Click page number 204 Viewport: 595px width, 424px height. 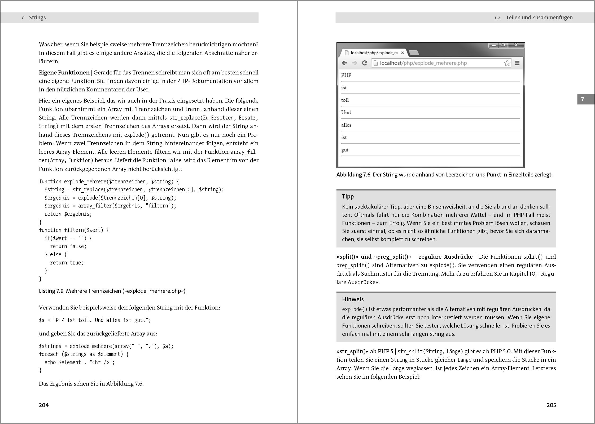click(44, 405)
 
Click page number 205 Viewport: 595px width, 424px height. click(551, 405)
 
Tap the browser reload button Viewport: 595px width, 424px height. click(365, 63)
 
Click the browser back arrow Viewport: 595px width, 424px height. click(344, 63)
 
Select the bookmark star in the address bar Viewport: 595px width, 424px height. click(507, 63)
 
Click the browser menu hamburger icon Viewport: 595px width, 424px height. click(517, 63)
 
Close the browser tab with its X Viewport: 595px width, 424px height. click(402, 53)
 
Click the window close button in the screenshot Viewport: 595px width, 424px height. click(516, 45)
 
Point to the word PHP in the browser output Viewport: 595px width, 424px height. click(346, 75)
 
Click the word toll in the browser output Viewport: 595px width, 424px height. click(345, 100)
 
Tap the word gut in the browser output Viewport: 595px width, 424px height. click(345, 150)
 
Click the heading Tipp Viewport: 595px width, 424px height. click(348, 197)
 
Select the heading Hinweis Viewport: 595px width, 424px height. click(353, 299)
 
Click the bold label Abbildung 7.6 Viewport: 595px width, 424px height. click(353, 175)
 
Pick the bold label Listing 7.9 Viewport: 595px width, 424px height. click(51, 291)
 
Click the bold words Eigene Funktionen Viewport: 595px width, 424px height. click(64, 73)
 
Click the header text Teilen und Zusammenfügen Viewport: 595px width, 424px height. click(539, 17)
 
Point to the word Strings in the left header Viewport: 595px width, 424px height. click(37, 17)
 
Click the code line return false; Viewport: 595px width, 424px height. click(68, 246)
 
